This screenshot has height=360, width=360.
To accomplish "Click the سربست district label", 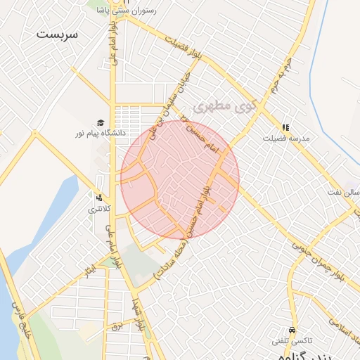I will coord(58,34).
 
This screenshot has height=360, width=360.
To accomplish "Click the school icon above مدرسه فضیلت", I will coord(285,127).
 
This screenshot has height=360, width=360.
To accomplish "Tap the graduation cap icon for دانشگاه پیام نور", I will coord(101,122).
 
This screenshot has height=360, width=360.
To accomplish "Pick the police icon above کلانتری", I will coord(100,198).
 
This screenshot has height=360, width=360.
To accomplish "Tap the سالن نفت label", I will coord(344,192).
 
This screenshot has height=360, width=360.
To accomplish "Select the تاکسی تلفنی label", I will coord(290,341).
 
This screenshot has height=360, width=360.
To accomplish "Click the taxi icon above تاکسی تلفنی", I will coord(292,330).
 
